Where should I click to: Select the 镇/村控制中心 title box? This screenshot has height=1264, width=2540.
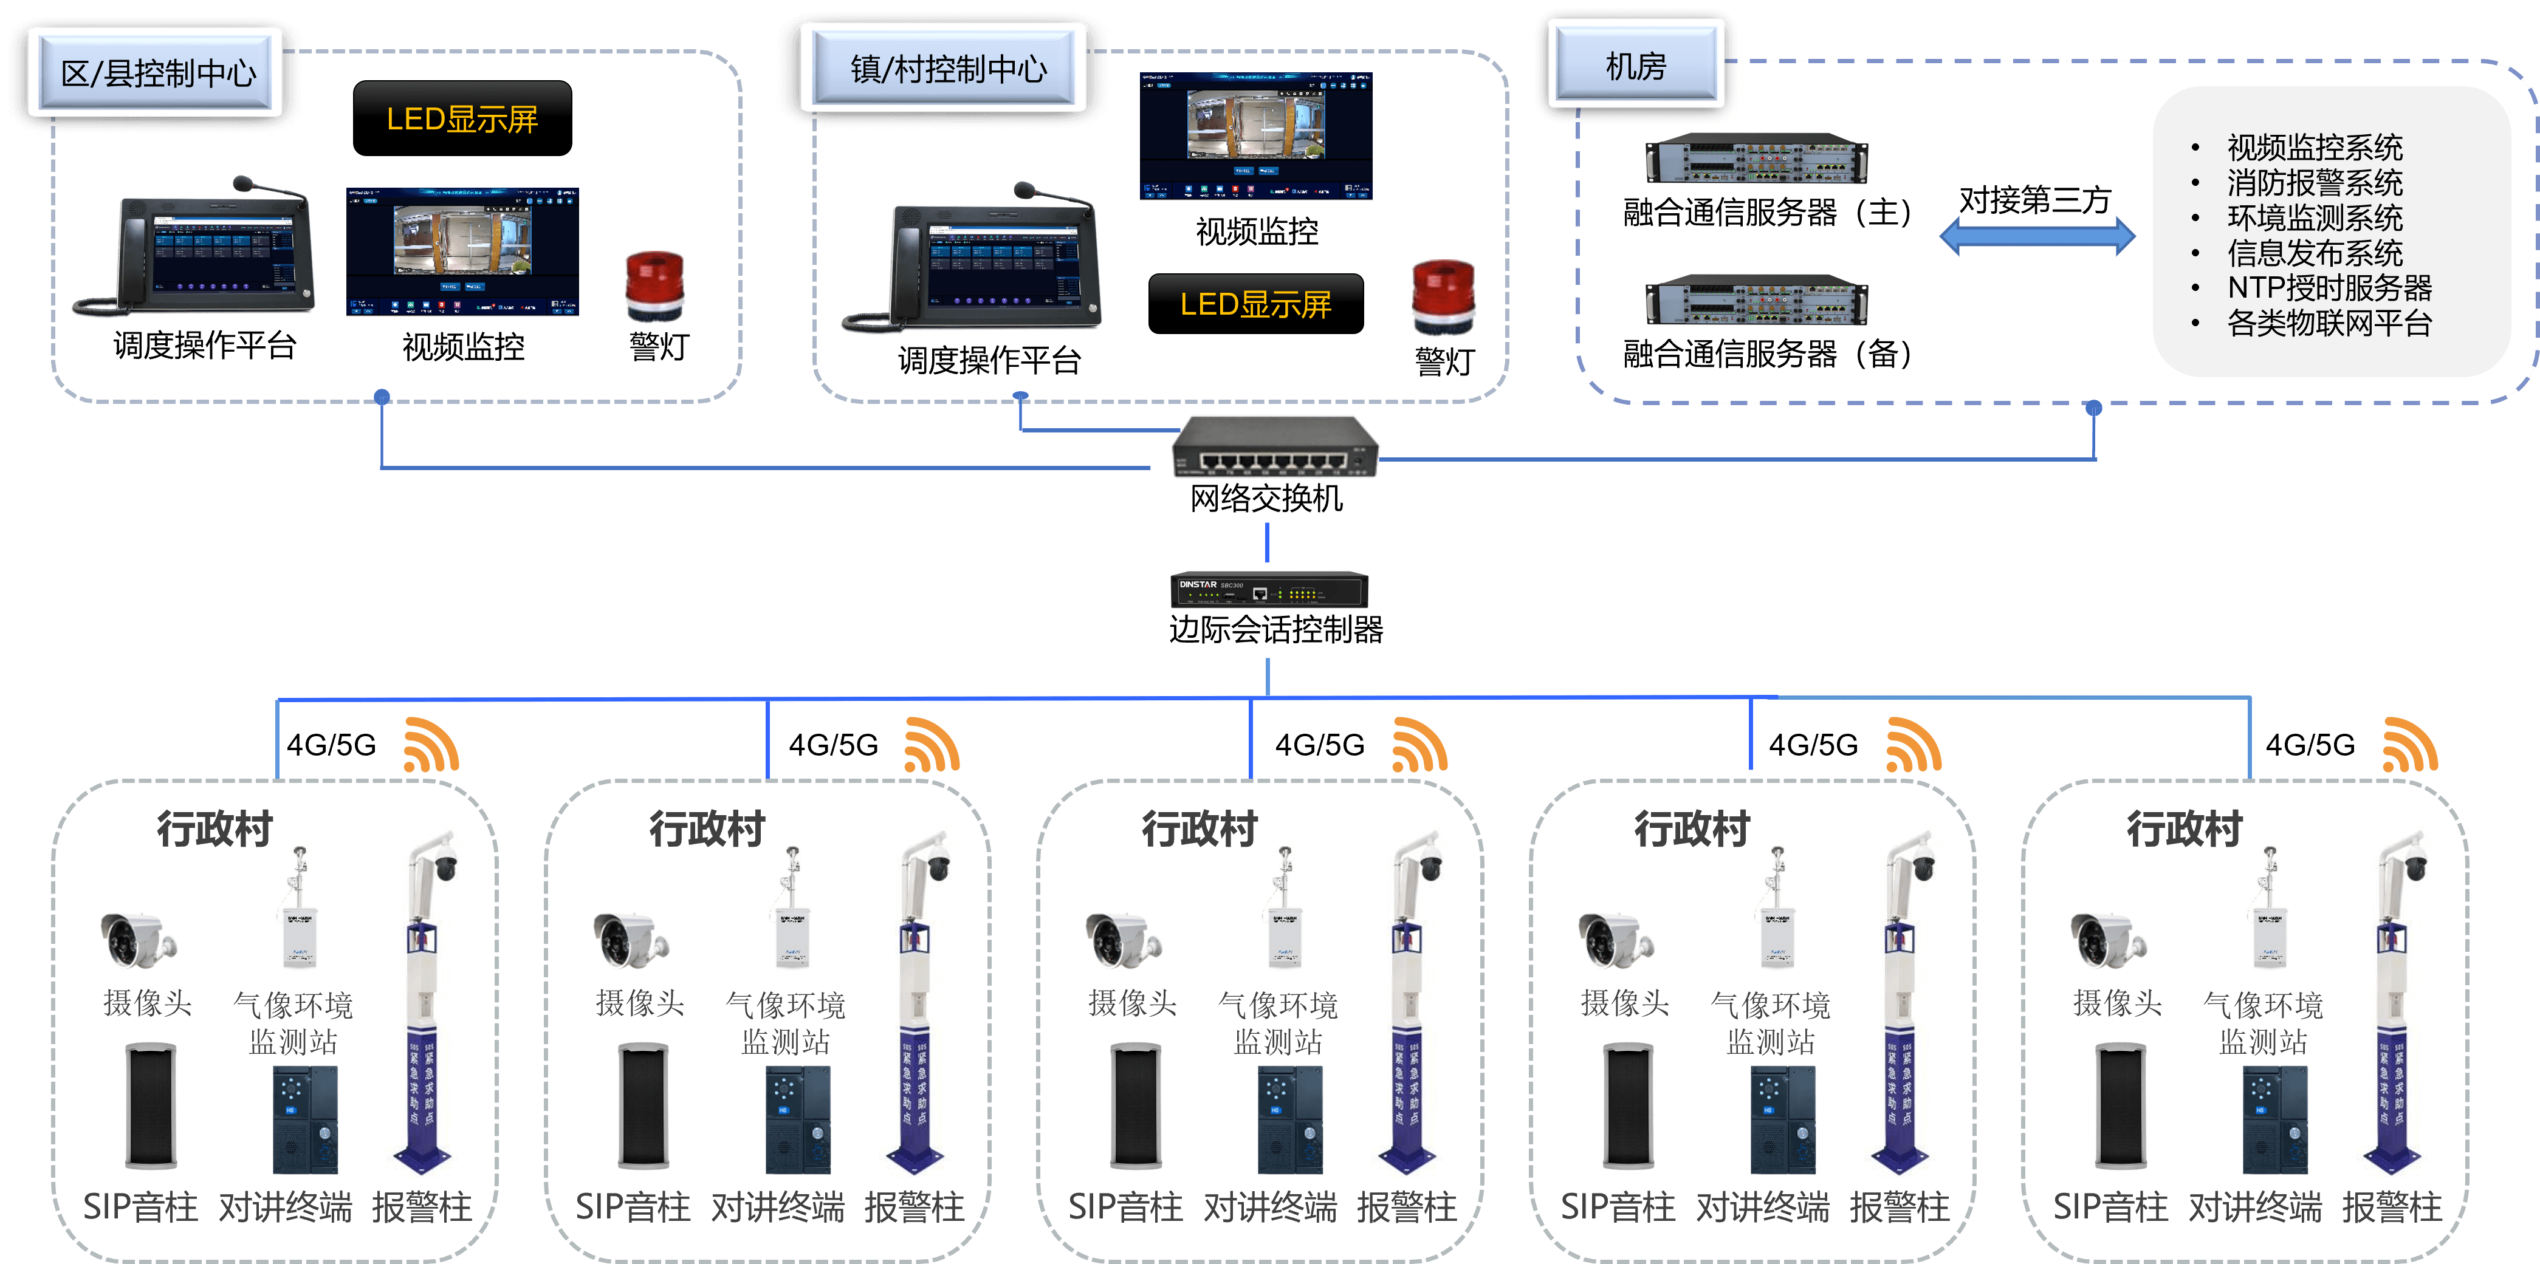947,68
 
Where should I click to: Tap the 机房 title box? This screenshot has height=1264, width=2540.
1636,65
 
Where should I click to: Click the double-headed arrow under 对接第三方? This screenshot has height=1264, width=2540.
2037,237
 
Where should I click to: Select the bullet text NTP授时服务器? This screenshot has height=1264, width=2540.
2329,288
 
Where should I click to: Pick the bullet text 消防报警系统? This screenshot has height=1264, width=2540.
2314,182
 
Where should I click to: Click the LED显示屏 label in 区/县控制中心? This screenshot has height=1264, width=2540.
461,119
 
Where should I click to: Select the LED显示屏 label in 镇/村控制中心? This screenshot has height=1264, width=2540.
1255,305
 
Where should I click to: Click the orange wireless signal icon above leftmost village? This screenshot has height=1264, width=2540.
431,746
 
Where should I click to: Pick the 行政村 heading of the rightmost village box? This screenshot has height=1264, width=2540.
2184,829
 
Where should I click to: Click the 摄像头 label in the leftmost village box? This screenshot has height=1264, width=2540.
148,1003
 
